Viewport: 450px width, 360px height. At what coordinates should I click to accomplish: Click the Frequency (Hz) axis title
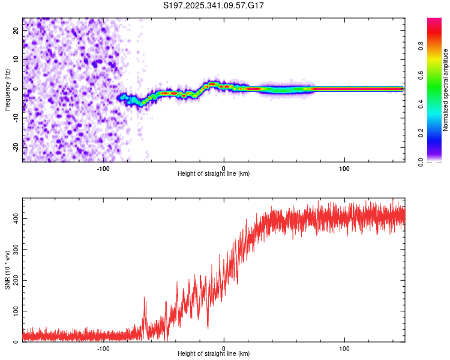coord(8,89)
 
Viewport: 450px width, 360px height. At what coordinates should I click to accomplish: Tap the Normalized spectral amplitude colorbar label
coord(446,89)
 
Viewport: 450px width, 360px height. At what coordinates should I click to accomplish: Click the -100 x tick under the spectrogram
coord(103,167)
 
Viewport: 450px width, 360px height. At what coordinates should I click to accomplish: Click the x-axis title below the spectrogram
coord(214,174)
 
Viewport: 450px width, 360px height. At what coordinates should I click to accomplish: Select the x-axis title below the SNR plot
coord(214,355)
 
